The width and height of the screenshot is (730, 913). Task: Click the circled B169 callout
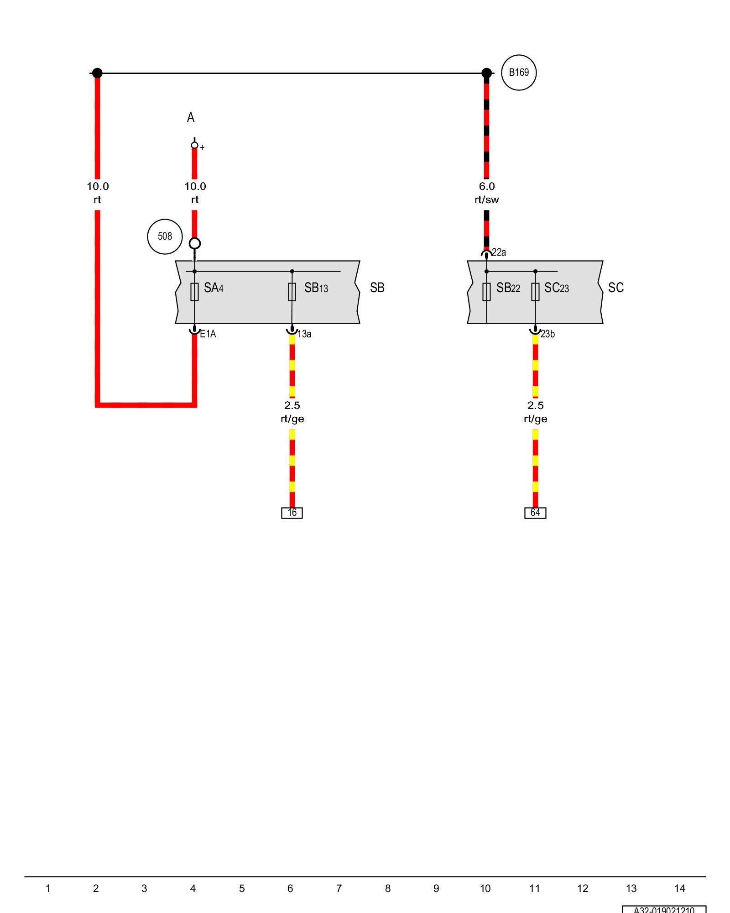(x=519, y=73)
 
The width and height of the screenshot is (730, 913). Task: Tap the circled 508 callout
(x=165, y=236)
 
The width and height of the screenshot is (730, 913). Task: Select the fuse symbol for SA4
(x=194, y=292)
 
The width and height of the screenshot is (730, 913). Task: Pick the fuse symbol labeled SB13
(x=292, y=292)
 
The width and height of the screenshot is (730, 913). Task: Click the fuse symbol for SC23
(x=535, y=292)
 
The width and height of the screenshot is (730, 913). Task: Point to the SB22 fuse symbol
(x=486, y=292)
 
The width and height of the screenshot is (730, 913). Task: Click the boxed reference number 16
(x=292, y=513)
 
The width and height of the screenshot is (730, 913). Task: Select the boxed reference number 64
(x=535, y=513)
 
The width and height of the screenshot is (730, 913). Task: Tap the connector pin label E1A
(x=208, y=334)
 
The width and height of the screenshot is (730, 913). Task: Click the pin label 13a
(x=304, y=334)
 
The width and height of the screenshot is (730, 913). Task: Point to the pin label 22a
(x=499, y=252)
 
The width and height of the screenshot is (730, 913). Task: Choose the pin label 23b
(x=547, y=334)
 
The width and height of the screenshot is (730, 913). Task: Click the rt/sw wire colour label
(x=487, y=199)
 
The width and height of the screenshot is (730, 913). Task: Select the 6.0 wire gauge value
(x=487, y=186)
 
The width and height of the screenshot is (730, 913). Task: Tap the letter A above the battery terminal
(x=191, y=118)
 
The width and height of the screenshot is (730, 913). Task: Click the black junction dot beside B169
(x=487, y=73)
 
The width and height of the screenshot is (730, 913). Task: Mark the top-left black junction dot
(x=97, y=73)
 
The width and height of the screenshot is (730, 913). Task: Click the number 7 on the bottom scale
(x=339, y=888)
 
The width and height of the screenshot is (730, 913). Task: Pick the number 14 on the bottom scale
(x=679, y=888)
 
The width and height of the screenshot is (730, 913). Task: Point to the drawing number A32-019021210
(x=664, y=909)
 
